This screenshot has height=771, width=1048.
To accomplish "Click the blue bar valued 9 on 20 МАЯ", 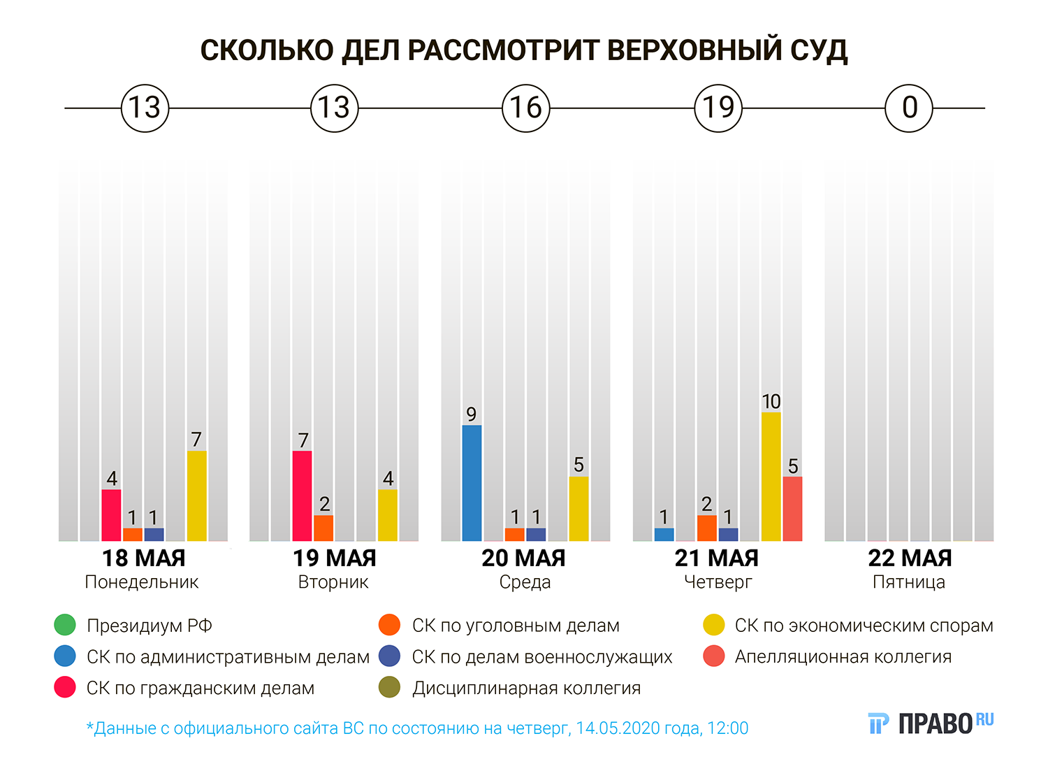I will coord(472,483).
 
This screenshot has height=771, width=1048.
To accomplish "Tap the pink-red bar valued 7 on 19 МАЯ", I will coord(302,496).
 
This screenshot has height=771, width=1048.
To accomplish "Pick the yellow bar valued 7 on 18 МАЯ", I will coord(196,496).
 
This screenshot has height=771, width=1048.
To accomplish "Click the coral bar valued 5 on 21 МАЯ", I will coord(792,509).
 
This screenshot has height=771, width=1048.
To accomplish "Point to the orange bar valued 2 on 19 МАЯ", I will coord(323,528).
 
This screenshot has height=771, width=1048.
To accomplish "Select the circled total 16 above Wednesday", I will coord(526,108).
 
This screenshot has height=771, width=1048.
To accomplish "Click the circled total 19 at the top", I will coord(718,108).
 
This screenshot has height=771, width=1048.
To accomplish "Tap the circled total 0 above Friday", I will coord(909,108).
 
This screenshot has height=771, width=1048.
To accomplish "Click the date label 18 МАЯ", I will coord(144,559).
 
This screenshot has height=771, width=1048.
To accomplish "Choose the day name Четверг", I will coord(718,582).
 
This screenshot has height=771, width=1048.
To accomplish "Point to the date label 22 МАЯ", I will coord(910,559).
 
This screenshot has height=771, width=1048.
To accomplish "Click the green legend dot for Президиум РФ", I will coord(65,625).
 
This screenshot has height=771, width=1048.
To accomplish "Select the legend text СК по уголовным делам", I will coord(516,626).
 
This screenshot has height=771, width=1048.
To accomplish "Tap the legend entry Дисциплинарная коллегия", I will coord(526,689).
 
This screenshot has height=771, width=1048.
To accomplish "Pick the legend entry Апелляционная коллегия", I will coord(843,657).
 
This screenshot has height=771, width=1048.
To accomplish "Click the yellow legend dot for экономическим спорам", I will coord(714,625).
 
